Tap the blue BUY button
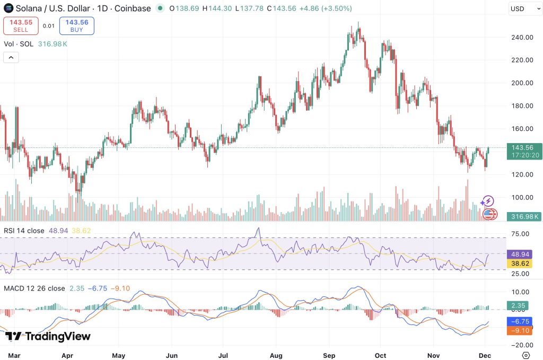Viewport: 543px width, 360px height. (76, 25)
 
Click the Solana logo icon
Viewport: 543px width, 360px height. (8, 8)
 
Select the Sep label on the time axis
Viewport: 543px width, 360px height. (329, 355)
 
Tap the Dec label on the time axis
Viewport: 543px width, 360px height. (487, 355)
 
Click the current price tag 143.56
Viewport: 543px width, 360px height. (524, 147)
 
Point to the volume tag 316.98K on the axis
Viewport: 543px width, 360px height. (524, 216)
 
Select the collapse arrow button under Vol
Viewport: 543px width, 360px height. (11, 57)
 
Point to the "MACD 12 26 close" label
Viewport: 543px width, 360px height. (34, 288)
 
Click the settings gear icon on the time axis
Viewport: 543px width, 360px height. (526, 355)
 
